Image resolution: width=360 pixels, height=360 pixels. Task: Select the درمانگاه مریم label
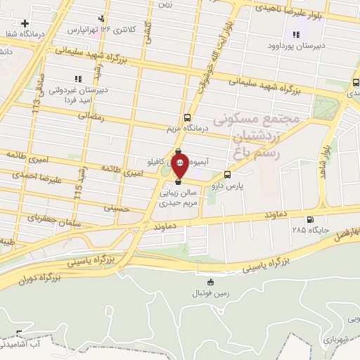click(x=187, y=129)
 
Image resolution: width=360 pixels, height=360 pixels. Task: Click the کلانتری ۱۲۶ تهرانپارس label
click(x=98, y=30)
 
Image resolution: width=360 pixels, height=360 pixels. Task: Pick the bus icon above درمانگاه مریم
click(x=187, y=117)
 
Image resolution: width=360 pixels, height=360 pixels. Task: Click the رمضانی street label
click(x=91, y=117)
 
